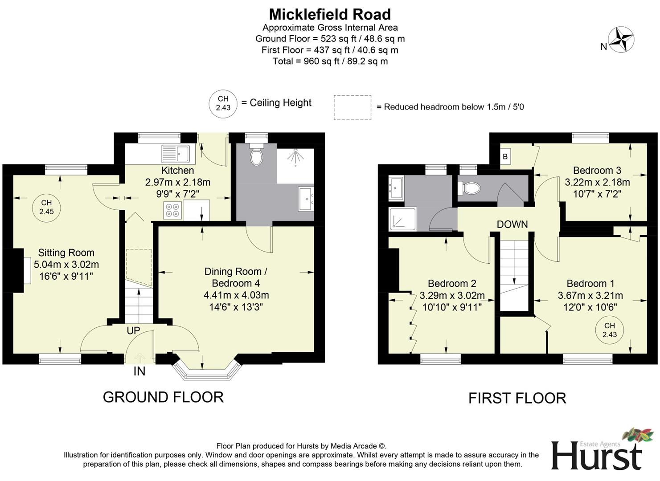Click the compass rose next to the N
tap(621, 40)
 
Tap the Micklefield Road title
tap(330, 14)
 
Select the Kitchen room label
tap(177, 170)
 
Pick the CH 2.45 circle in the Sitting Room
tap(46, 208)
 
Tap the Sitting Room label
tap(66, 253)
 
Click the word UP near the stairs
tap(133, 330)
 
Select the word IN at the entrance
tap(139, 371)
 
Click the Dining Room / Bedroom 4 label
tap(236, 277)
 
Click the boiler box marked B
tap(505, 156)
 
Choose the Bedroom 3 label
tap(597, 170)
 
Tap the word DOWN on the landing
tap(512, 224)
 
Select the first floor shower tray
tap(403, 219)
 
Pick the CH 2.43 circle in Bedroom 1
tap(609, 330)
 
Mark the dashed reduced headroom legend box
tap(352, 107)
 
